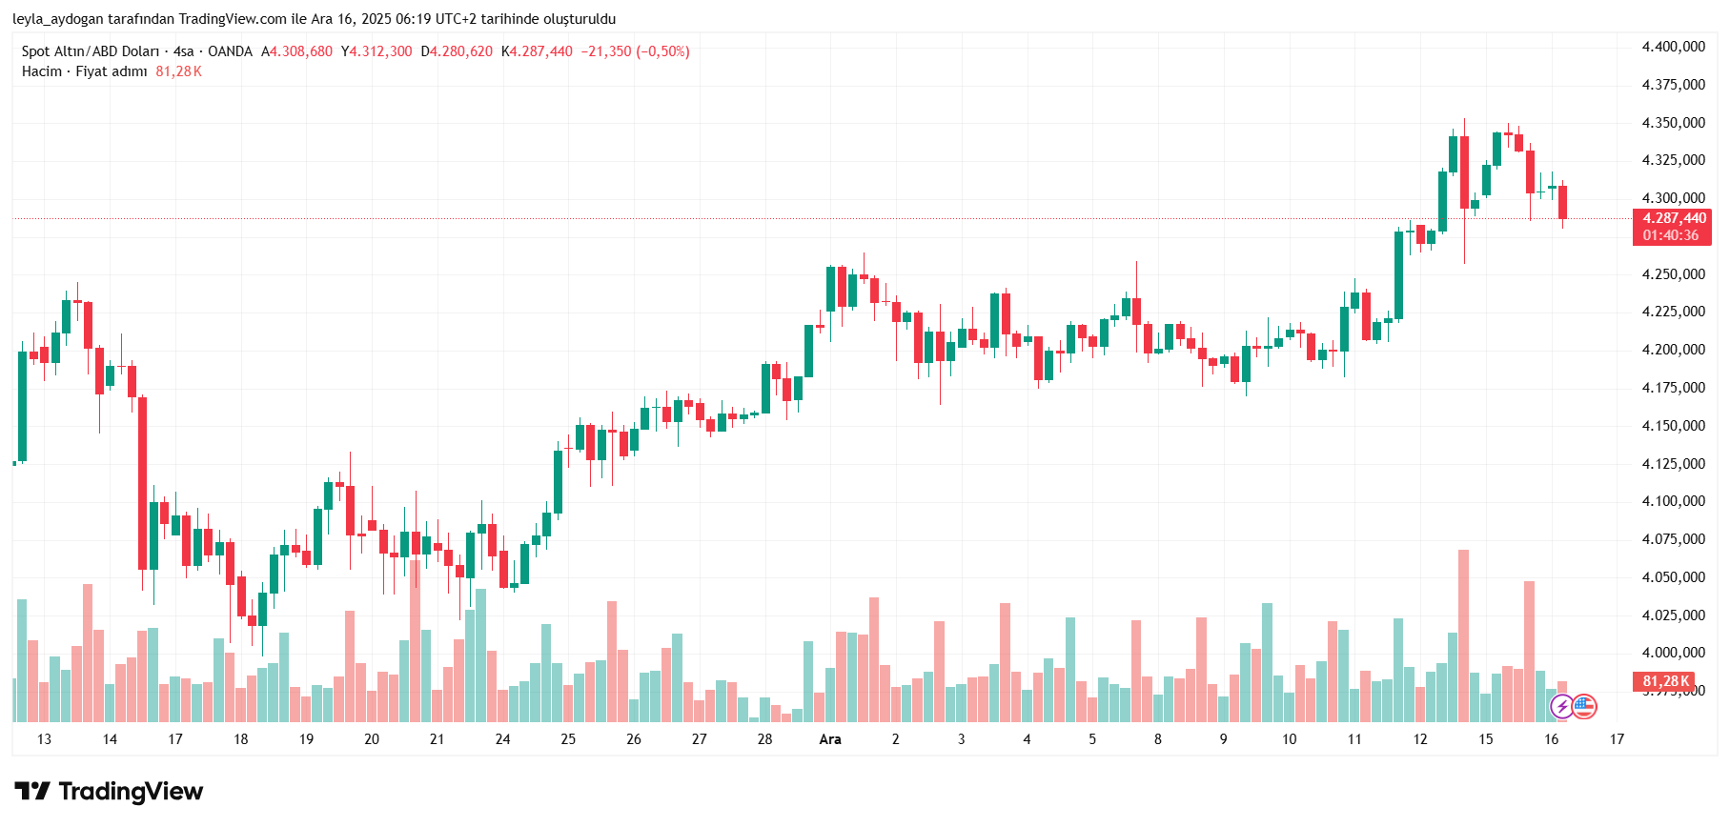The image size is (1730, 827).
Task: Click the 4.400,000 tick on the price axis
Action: tap(1673, 47)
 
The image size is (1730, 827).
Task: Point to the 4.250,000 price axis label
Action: tap(1673, 274)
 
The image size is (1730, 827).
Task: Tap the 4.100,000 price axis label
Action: tap(1673, 501)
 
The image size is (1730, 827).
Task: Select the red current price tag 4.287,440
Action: tap(1674, 218)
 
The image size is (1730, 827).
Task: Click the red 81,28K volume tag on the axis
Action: tap(1665, 681)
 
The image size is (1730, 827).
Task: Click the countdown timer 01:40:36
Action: tap(1670, 235)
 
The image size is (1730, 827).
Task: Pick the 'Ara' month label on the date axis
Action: tap(830, 739)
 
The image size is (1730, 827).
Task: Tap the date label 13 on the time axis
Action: tap(44, 739)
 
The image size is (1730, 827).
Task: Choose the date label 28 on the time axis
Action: tap(764, 739)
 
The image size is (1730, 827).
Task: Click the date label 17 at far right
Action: tap(1617, 739)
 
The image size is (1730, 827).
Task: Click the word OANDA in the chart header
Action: tap(230, 51)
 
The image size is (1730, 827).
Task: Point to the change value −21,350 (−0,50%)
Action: tap(635, 51)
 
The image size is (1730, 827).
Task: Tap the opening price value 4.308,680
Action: tap(301, 51)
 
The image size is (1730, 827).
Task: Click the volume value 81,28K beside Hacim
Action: tap(178, 71)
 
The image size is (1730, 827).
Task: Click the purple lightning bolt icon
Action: tap(1561, 707)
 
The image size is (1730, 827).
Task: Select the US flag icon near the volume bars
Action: tap(1583, 707)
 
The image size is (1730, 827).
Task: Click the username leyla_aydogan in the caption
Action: tap(58, 19)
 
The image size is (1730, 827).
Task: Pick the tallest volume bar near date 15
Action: tap(1463, 635)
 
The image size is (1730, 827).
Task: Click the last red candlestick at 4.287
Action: tap(1562, 202)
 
